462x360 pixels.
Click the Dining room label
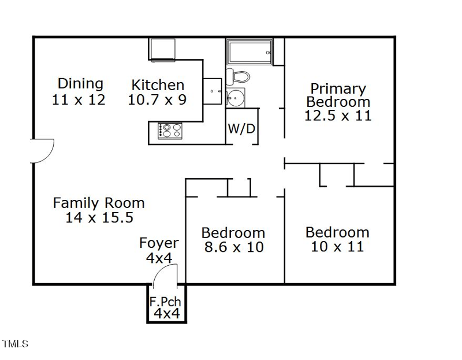[x=80, y=84]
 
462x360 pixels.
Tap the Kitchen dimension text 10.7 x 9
[x=157, y=100]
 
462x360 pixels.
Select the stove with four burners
[x=170, y=131]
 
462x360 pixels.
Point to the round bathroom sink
[x=235, y=97]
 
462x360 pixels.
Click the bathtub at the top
[x=248, y=52]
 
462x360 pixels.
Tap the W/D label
[x=241, y=129]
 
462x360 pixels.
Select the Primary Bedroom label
[x=338, y=95]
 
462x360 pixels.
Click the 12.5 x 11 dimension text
[x=338, y=115]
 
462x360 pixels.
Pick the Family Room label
[x=99, y=203]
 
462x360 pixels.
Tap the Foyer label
[x=159, y=243]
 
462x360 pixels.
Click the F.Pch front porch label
[x=165, y=302]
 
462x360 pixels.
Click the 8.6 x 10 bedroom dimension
[x=233, y=247]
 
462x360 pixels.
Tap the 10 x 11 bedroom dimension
[x=337, y=247]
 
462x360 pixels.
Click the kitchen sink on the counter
[x=213, y=91]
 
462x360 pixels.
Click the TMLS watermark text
[x=15, y=344]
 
